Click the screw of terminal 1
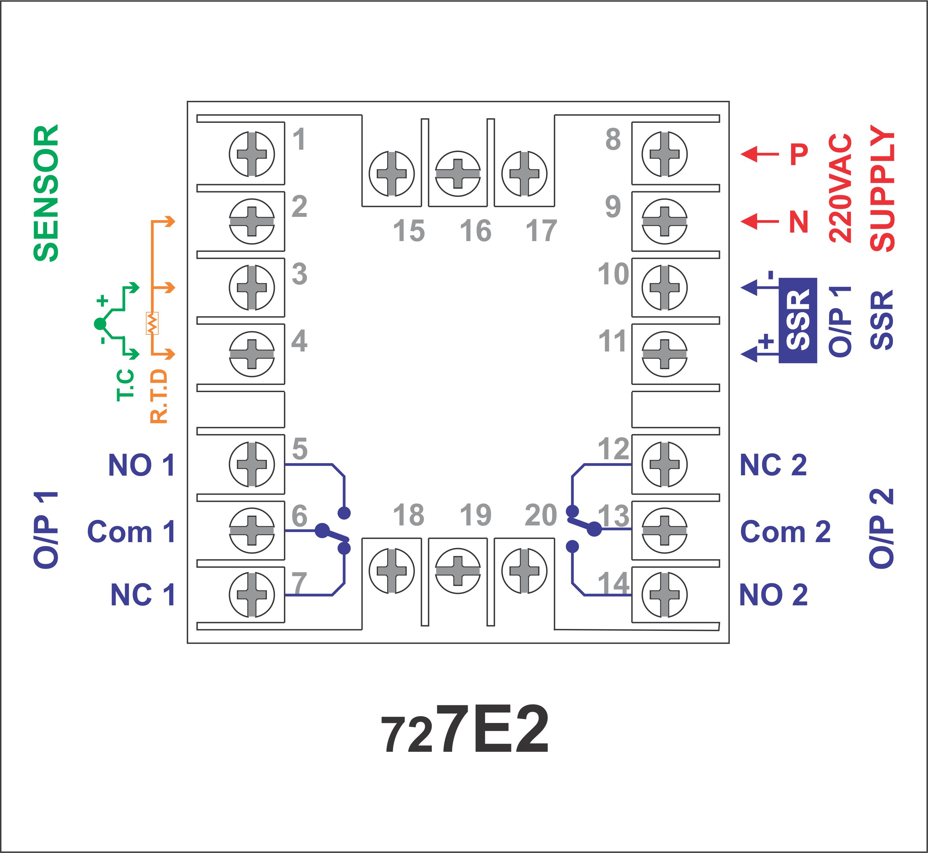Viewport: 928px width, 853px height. pyautogui.click(x=252, y=154)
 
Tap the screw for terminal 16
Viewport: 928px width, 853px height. pyautogui.click(x=458, y=174)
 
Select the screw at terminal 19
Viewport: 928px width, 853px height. pyautogui.click(x=458, y=571)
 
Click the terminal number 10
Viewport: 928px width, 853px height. pyautogui.click(x=613, y=274)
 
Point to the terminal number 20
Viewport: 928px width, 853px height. pyautogui.click(x=541, y=515)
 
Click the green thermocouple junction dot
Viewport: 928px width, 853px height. pyautogui.click(x=100, y=324)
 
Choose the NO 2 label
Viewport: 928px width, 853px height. pyautogui.click(x=773, y=595)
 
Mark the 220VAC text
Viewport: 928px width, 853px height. pyautogui.click(x=840, y=188)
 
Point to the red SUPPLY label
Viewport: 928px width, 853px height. pyautogui.click(x=882, y=188)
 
